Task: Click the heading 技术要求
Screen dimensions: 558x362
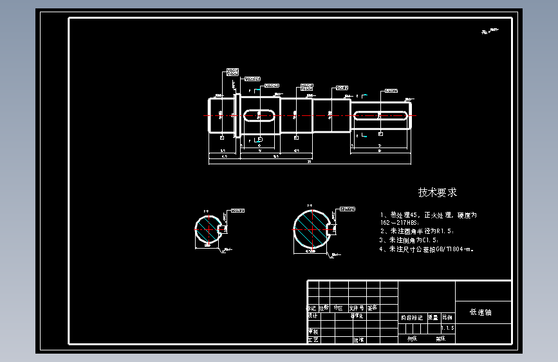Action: pos(438,192)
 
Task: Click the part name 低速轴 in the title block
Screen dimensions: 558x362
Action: pos(480,312)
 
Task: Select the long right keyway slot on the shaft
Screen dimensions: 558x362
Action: pos(380,115)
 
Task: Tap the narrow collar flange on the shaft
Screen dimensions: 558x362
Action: pos(236,115)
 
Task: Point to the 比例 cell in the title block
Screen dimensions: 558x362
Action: pos(447,317)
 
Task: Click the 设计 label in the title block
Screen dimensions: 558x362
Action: pos(313,316)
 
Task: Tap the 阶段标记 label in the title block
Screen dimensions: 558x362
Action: pos(412,317)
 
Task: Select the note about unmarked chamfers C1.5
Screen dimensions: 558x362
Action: pos(412,240)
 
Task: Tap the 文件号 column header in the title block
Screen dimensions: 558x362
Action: pos(357,308)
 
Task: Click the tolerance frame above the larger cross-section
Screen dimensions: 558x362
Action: pos(348,209)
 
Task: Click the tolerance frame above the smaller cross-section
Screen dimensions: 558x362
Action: pos(238,210)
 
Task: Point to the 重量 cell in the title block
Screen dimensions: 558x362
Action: pos(432,317)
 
